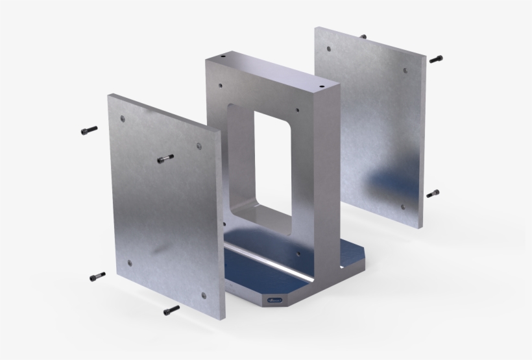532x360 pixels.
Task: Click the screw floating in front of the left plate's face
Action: [165, 158]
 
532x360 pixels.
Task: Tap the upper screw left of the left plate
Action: [89, 130]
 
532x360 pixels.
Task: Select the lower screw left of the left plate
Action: [97, 276]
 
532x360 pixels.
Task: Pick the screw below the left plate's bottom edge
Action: [171, 309]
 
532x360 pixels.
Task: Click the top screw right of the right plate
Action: [435, 59]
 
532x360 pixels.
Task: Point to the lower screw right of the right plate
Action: [433, 193]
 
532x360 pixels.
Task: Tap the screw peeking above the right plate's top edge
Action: [363, 36]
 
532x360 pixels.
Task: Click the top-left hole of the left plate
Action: [123, 119]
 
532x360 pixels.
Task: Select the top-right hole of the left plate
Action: [199, 146]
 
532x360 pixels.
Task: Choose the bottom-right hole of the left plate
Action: [203, 295]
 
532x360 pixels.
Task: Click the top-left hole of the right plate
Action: [329, 48]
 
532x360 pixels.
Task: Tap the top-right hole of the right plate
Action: [406, 70]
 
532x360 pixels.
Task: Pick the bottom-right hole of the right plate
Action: [403, 207]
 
